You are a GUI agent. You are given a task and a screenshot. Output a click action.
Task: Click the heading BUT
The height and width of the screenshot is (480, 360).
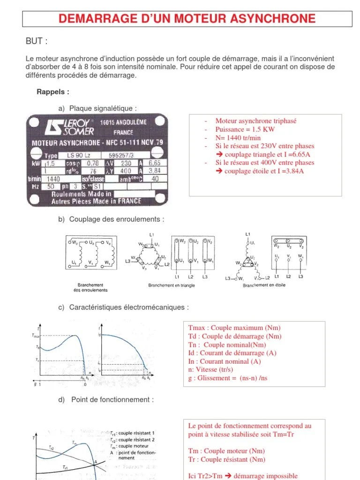[x=37, y=41]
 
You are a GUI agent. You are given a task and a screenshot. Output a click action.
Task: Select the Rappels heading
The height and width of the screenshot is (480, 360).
[x=53, y=91]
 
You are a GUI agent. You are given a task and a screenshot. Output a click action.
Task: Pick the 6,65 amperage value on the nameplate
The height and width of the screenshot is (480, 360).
[x=154, y=163]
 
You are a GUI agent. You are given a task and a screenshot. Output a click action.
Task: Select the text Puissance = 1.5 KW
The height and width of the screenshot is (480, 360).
[x=245, y=129]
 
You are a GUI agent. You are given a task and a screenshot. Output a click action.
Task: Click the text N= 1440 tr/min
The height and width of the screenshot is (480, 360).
[x=238, y=137]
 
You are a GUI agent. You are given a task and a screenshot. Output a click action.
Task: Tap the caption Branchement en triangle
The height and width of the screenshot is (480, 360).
[x=172, y=285]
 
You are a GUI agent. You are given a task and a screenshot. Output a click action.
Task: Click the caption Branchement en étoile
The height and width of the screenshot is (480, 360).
[x=264, y=285]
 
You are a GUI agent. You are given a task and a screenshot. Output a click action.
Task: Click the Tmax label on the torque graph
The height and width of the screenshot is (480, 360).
[x=36, y=335]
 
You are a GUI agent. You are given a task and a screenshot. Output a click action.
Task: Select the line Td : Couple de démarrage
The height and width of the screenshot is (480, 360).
[x=235, y=336]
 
